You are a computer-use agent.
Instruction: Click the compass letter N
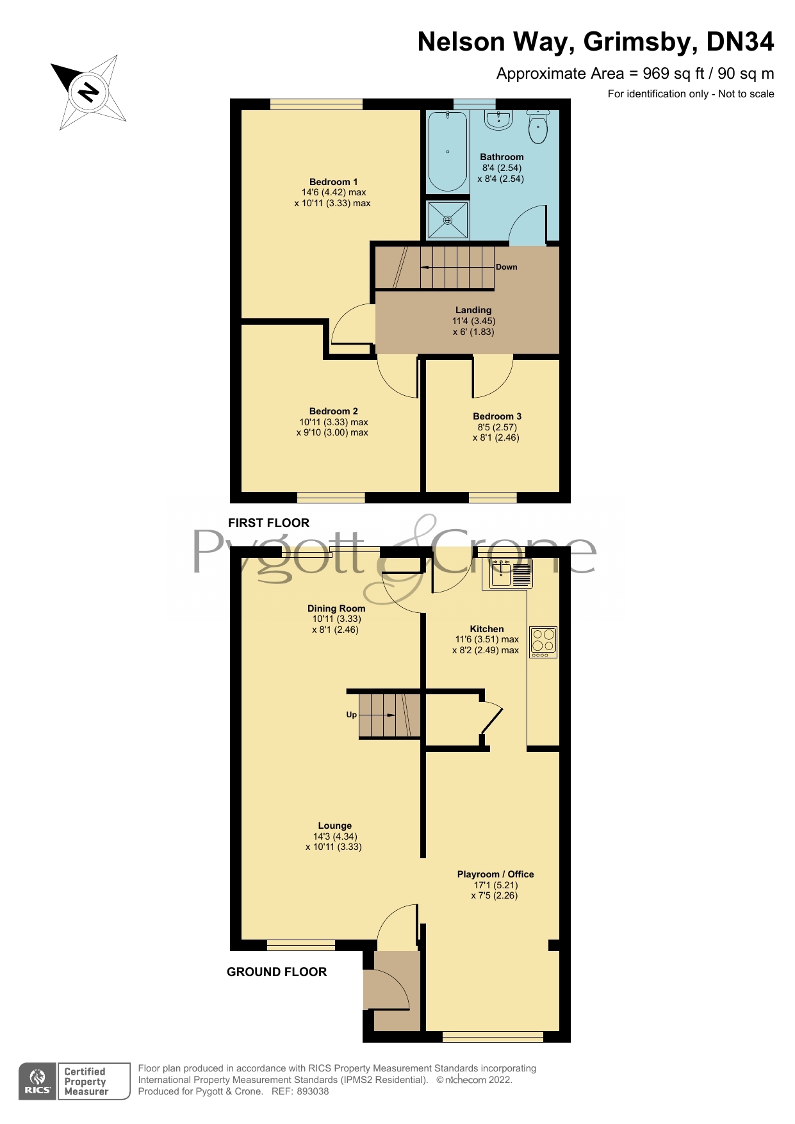87,92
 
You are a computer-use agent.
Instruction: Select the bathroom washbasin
498,120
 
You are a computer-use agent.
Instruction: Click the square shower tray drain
448,220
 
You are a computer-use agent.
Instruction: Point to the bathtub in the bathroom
447,152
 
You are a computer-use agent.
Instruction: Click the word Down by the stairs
506,267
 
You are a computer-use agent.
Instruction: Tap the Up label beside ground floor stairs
351,715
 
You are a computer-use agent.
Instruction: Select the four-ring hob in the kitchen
543,642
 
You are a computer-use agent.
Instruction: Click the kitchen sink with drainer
511,573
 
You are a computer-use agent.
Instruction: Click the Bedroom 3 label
496,416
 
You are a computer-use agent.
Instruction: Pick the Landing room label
473,310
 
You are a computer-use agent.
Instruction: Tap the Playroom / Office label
495,874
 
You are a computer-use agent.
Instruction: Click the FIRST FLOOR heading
268,523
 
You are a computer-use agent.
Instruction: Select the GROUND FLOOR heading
277,972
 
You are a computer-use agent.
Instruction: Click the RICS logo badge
37,1081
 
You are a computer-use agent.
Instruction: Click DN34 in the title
739,42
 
